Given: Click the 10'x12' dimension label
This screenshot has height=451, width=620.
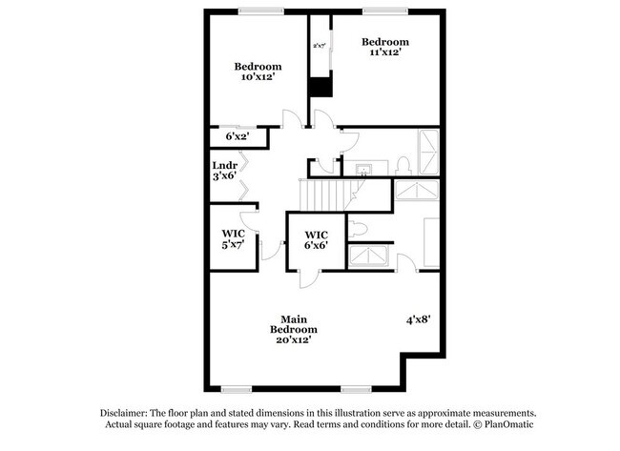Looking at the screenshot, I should [x=258, y=77].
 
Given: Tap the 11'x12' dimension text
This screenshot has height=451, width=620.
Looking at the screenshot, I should [x=384, y=53].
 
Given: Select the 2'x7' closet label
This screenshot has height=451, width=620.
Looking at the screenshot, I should [x=319, y=45].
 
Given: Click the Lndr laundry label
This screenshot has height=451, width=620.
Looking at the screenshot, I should [x=224, y=166].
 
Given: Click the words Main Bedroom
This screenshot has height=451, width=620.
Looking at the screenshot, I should [x=299, y=324].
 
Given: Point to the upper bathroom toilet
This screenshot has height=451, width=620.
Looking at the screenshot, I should [x=403, y=163].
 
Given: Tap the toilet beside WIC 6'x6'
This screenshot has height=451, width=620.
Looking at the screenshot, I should [x=357, y=229].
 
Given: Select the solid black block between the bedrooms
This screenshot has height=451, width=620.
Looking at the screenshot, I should [x=320, y=86].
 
